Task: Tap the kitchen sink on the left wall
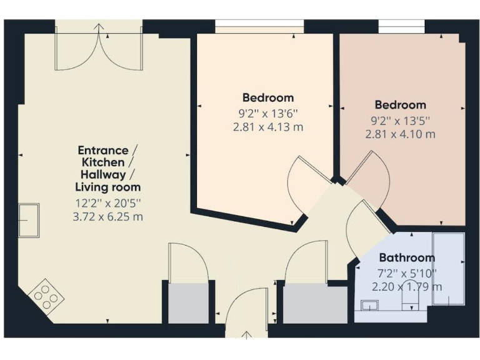[29, 221]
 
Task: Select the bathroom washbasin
[369, 305]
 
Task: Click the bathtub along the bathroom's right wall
[449, 269]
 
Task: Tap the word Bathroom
[407, 257]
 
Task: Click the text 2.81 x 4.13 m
[268, 127]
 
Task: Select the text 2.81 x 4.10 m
[400, 134]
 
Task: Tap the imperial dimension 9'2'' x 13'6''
[268, 113]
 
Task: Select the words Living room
[107, 187]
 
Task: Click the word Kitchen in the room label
[107, 162]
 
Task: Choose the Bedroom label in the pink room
[400, 105]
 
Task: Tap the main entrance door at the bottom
[247, 310]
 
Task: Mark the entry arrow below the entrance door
[247, 336]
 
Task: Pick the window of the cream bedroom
[259, 27]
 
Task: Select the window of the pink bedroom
[402, 27]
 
